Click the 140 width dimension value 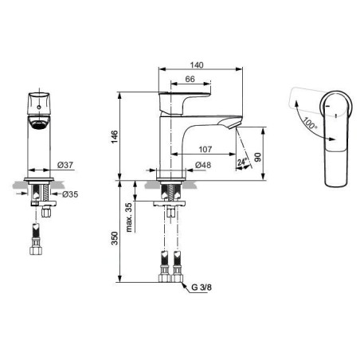pyautogui.click(x=197, y=65)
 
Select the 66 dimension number pyautogui.click(x=190, y=79)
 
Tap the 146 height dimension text pyautogui.click(x=115, y=137)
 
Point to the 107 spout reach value pyautogui.click(x=205, y=150)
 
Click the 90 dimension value pyautogui.click(x=257, y=158)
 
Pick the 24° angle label pyautogui.click(x=242, y=162)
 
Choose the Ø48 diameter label pyautogui.click(x=203, y=165)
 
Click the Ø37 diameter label pyautogui.click(x=65, y=165)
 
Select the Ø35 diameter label pyautogui.click(x=70, y=194)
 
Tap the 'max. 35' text pyautogui.click(x=128, y=217)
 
